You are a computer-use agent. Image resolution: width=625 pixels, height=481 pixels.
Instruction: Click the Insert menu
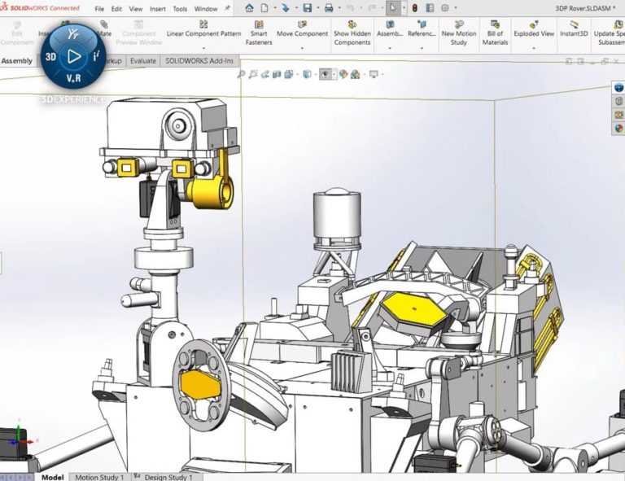(x=157, y=9)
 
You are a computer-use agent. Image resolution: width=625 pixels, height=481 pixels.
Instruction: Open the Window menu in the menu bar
(x=206, y=9)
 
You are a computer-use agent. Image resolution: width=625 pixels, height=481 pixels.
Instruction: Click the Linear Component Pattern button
(x=203, y=33)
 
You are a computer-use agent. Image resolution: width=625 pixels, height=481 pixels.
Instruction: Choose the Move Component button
(x=302, y=33)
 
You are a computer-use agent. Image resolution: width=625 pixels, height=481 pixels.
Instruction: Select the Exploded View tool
(x=534, y=33)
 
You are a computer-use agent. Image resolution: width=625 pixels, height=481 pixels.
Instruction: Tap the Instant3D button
(x=574, y=33)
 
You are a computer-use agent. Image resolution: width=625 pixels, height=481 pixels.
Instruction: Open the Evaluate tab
(x=143, y=61)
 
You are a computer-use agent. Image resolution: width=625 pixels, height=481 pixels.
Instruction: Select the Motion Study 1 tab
(x=100, y=477)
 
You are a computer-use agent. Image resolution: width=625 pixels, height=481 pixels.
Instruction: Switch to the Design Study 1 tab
(x=168, y=477)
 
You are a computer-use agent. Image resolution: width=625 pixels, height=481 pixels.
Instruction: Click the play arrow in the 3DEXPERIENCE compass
(x=74, y=56)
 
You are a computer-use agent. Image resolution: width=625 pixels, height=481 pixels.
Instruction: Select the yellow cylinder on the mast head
(x=212, y=190)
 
